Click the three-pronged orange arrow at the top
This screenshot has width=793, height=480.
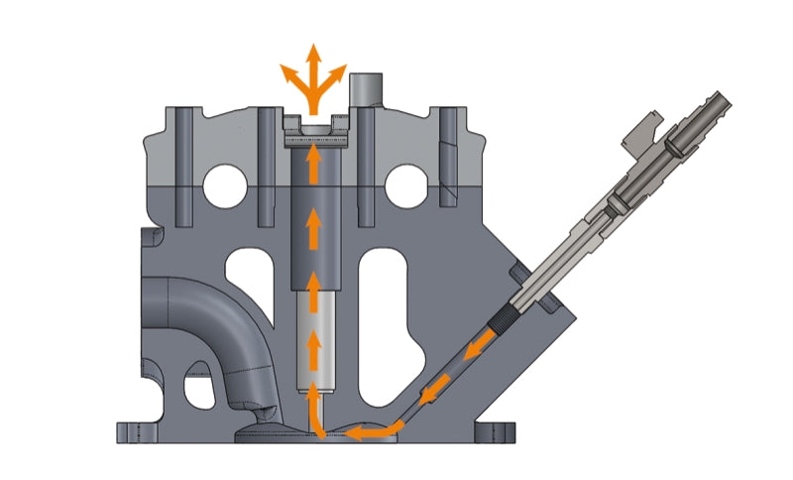click(313, 74)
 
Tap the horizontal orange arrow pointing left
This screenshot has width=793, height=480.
click(374, 432)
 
